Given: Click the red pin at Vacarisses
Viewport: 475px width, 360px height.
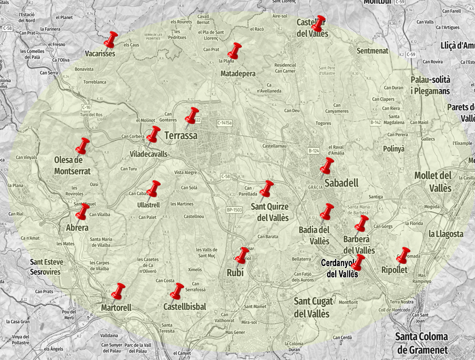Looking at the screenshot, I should [110, 40].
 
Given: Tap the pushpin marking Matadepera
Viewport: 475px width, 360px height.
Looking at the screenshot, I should [234, 51].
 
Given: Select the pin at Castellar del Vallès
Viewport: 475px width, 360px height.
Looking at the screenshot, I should [319, 24].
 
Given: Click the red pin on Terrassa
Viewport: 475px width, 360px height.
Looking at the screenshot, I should [191, 115].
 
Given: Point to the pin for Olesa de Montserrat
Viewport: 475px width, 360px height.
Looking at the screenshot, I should [82, 146].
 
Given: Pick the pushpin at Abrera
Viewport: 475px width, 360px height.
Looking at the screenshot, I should [82, 212].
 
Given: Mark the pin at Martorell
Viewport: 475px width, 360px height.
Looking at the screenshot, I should [118, 291].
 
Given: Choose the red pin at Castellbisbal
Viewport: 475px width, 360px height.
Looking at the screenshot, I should [177, 291].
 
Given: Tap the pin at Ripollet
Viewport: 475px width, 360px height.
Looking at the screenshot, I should [403, 255].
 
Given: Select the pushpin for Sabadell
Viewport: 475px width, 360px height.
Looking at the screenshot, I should [327, 166].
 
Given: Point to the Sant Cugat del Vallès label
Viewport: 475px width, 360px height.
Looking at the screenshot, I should [312, 308].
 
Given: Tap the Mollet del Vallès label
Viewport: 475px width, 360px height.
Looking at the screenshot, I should [433, 182].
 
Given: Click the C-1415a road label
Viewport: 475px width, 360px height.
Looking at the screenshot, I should [225, 123].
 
